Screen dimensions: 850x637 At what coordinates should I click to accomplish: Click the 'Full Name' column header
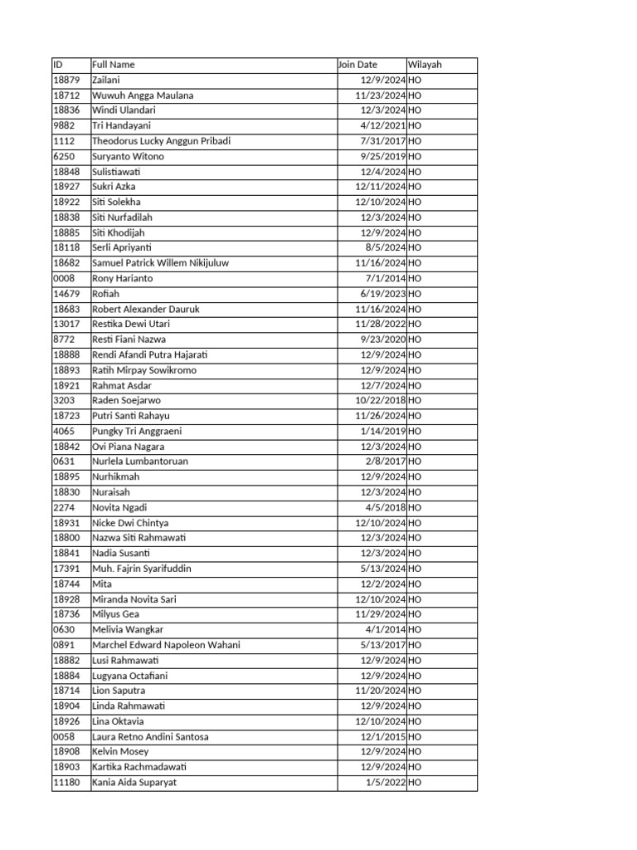coord(114,65)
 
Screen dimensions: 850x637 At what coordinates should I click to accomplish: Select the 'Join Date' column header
coord(357,65)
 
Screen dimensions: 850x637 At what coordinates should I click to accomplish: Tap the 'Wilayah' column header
coord(425,65)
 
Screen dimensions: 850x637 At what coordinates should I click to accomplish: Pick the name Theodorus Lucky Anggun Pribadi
coord(161,141)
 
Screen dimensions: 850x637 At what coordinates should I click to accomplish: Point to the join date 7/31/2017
coord(382,141)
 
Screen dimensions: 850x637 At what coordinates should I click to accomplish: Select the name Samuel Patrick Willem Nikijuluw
coord(160,263)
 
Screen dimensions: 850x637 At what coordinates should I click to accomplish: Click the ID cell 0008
coord(64,278)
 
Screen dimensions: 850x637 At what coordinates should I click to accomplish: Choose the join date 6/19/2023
coord(382,294)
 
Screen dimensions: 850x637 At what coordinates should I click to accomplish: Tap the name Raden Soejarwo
coord(125,400)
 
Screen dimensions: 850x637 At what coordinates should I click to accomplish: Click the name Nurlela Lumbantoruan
coord(140,462)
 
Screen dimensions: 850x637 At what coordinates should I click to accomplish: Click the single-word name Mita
coord(101,584)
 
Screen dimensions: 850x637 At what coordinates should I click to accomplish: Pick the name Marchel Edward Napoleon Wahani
coord(166,645)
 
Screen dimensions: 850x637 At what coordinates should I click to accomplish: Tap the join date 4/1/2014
coord(385,629)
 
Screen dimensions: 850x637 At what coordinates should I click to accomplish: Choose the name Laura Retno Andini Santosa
coord(150,736)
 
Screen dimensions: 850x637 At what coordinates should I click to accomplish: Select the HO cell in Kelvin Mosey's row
coord(416,751)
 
